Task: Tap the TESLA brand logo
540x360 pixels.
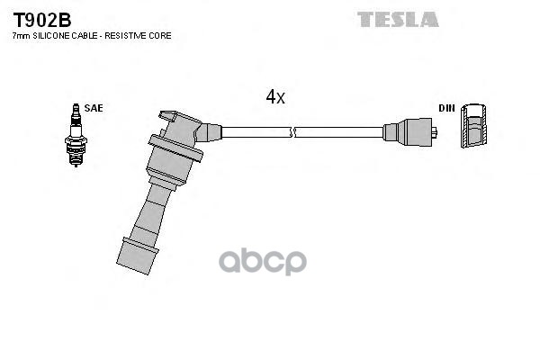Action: point(397,19)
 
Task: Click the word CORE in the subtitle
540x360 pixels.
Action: point(160,35)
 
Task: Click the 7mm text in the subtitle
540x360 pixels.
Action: point(20,35)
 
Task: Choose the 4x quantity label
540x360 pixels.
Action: point(275,96)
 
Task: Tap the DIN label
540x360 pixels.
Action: point(447,108)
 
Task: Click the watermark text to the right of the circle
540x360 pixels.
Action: point(271,262)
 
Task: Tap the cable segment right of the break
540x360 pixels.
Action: point(338,132)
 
